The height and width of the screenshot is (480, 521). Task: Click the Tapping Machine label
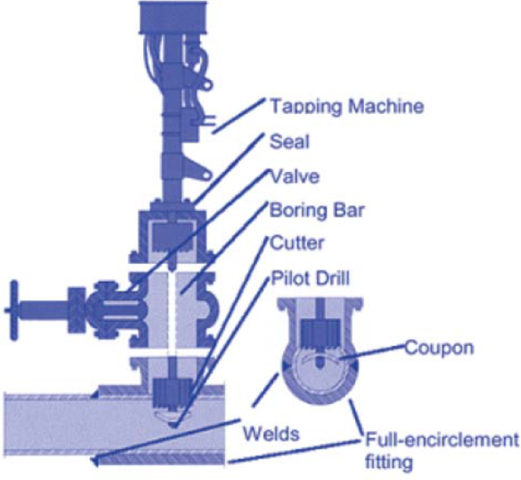coord(347,107)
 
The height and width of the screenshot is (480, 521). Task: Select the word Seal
coord(289,142)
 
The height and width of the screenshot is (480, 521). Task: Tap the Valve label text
coord(295,176)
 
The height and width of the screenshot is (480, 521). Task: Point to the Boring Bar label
coord(316,210)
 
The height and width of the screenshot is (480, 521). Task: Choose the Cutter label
coord(296,243)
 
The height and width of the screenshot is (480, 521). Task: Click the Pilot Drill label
coord(310,278)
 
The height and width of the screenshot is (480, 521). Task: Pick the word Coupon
coord(439,349)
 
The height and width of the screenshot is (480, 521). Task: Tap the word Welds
coord(271,434)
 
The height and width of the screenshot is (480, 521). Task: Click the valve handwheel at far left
coord(14,310)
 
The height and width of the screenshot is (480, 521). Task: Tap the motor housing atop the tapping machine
coord(172,17)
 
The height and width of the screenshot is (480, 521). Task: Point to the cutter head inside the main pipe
coord(172,392)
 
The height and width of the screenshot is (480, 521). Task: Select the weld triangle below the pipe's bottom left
coord(94,461)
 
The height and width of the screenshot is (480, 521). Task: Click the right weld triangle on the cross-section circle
coord(355,365)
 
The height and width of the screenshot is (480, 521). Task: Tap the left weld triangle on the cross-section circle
coord(285,366)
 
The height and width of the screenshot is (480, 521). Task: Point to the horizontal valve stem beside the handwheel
coord(44,310)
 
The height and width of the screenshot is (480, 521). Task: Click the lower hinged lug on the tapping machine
coord(200,170)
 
